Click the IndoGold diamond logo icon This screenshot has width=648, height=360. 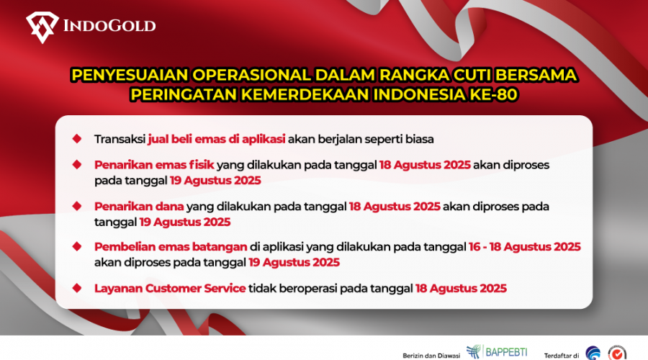coord(42,27)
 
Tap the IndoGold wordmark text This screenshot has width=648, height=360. coord(109,26)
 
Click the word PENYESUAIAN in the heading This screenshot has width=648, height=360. coord(130,75)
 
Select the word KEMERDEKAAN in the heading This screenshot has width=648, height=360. coord(305,94)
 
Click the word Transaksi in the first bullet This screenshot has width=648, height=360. coord(120,139)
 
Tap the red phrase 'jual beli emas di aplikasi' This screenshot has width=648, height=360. coord(217,139)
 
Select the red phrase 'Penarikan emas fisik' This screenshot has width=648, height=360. coord(154,165)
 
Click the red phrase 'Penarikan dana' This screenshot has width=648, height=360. coord(139,206)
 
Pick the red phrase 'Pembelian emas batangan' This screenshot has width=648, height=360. coord(171,247)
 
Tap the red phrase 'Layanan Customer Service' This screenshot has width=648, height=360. coord(170,288)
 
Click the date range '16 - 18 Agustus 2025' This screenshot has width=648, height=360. coord(524,247)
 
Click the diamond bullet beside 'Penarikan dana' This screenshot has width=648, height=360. coord(77,206)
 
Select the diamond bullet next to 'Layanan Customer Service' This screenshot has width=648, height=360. coord(77,288)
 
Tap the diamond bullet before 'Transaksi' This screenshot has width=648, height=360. coord(77,138)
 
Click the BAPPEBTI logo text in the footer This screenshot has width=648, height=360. coord(506,352)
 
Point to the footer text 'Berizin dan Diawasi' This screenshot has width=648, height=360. coord(431,356)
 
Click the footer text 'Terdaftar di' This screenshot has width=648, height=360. coord(561,356)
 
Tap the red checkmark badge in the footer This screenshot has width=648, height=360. coord(617,353)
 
